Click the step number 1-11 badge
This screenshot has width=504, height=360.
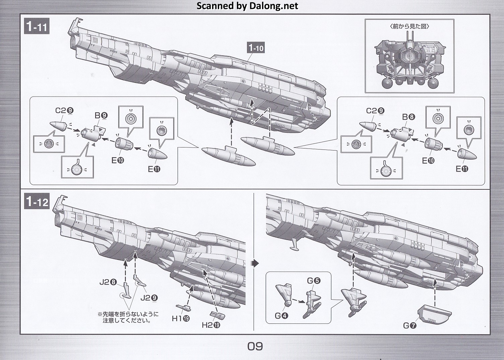(x=37, y=26)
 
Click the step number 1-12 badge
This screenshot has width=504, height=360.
(x=37, y=202)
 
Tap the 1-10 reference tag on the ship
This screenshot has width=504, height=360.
(x=256, y=48)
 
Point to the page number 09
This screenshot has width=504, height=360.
(x=255, y=346)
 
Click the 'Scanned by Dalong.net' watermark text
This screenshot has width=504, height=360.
(x=247, y=6)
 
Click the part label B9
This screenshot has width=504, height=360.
(x=101, y=115)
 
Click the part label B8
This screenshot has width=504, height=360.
(x=409, y=117)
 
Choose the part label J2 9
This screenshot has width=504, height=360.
(x=149, y=298)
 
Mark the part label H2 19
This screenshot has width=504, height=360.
(x=211, y=325)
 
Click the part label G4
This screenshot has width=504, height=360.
(x=281, y=315)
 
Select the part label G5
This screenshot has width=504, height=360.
(x=314, y=281)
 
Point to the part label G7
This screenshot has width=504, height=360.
(x=409, y=325)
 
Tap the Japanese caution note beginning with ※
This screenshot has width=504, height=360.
(x=128, y=317)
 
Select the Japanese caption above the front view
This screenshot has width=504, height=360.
(x=409, y=26)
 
